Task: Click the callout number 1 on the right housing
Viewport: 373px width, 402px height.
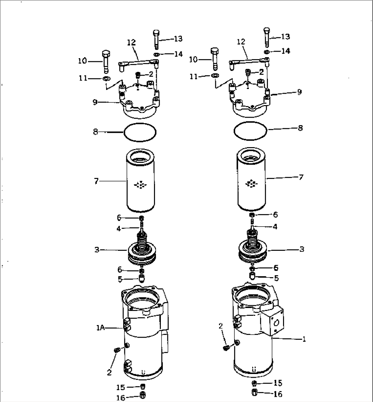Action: coord(304,339)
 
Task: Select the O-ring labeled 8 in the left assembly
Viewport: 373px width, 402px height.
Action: coord(140,132)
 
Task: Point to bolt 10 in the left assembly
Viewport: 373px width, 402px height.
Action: coord(106,62)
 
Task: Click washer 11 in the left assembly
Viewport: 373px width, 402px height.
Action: coord(106,79)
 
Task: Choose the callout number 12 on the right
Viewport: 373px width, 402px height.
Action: coord(241,42)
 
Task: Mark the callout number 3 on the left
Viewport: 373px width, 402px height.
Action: coord(97,250)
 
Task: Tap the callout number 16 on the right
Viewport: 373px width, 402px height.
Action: coord(278,394)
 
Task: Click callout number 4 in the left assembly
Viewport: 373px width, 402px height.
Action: coord(118,229)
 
